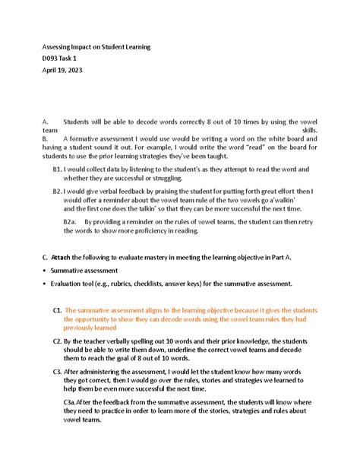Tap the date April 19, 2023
[62, 70]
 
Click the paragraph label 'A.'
[46, 121]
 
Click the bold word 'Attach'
[66, 258]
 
